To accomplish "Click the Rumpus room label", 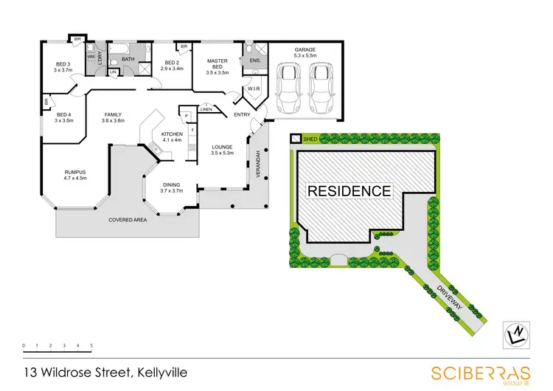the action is [x=75, y=174].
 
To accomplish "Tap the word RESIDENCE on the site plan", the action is [x=349, y=190].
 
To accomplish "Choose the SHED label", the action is [x=309, y=138].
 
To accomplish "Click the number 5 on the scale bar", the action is [x=91, y=345].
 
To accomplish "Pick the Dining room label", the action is [x=171, y=187].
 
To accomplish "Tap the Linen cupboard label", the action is [x=206, y=110].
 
